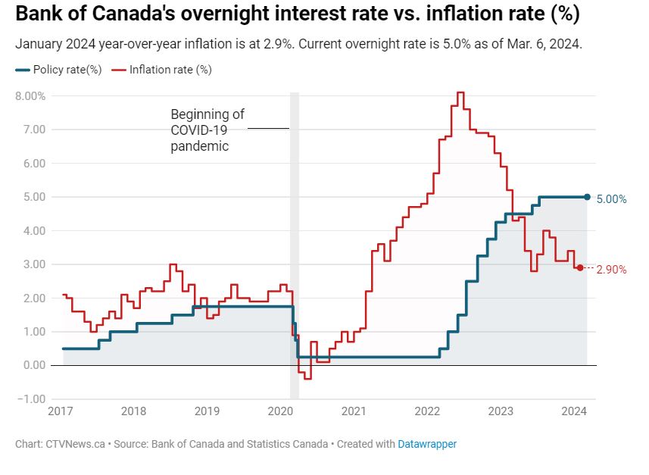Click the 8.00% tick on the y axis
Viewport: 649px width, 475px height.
click(30, 96)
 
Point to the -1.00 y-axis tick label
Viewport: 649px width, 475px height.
click(33, 398)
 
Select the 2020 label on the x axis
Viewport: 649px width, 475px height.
click(279, 411)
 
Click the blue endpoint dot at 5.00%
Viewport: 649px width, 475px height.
click(587, 197)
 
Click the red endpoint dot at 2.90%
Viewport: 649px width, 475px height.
click(580, 267)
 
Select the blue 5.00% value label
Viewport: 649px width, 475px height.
click(612, 199)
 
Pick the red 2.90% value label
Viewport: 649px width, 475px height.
click(612, 270)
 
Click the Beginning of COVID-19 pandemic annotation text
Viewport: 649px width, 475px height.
click(207, 130)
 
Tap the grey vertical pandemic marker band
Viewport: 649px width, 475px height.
click(295, 242)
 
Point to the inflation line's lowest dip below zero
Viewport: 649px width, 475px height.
click(307, 377)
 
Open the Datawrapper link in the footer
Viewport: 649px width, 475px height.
click(427, 444)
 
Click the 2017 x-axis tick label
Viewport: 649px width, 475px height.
click(61, 411)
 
